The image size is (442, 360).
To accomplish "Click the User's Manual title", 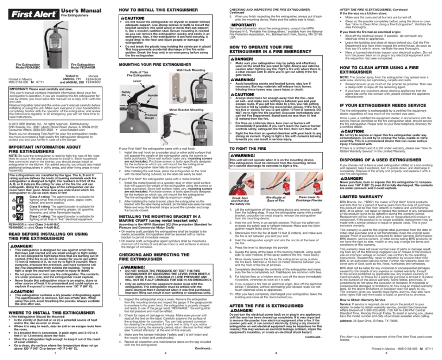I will coord(63,5).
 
